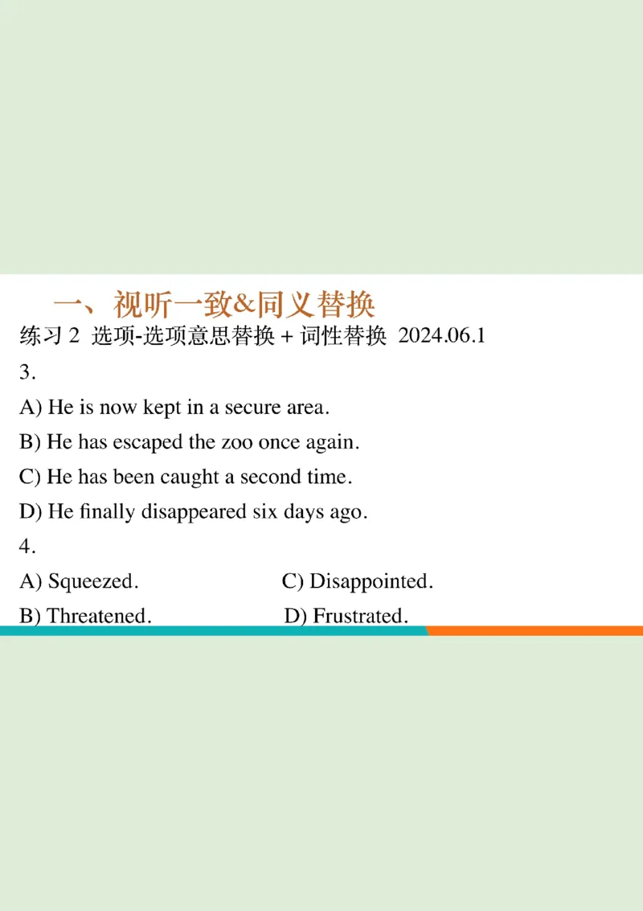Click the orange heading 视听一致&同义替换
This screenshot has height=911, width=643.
pos(215,305)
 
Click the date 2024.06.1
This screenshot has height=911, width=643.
pos(442,336)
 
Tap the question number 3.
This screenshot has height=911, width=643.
pos(27,371)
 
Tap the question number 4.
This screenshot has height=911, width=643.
pos(27,546)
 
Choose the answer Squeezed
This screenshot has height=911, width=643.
pos(92,581)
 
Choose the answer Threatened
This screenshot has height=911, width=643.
pos(99,616)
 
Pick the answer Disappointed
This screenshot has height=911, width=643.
pos(371,581)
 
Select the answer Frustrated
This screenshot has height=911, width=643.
pos(359,616)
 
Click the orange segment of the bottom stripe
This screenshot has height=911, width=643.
pos(534,631)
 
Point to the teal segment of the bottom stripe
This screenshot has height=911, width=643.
pos(213,631)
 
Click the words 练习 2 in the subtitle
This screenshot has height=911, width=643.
pos(50,336)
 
